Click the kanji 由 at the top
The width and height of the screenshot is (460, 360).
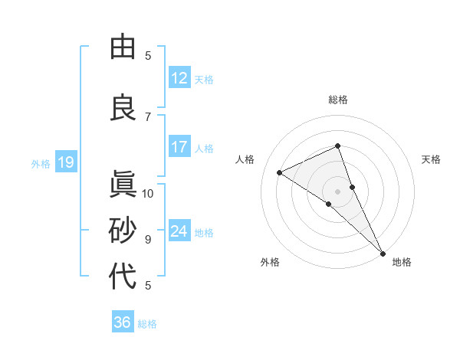pyautogui.click(x=123, y=47)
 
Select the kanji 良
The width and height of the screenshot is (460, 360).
pyautogui.click(x=123, y=108)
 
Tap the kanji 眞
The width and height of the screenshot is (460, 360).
pyautogui.click(x=123, y=185)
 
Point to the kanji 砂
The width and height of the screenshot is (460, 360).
pyautogui.click(x=123, y=230)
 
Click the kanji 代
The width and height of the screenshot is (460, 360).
pyautogui.click(x=123, y=276)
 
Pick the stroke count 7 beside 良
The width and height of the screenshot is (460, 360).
pyautogui.click(x=148, y=116)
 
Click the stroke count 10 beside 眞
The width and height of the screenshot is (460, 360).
pyautogui.click(x=148, y=193)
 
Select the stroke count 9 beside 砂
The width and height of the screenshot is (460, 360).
pyautogui.click(x=148, y=239)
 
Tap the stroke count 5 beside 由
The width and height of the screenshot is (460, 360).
pyautogui.click(x=148, y=55)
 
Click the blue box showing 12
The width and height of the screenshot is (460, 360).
pyautogui.click(x=179, y=78)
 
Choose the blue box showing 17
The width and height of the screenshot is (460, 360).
pyautogui.click(x=179, y=147)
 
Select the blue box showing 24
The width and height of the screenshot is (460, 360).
pyautogui.click(x=179, y=231)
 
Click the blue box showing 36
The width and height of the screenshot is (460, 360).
pyautogui.click(x=123, y=322)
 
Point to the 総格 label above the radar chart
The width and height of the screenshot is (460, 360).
pyautogui.click(x=338, y=100)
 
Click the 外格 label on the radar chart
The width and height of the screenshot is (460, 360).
pyautogui.click(x=270, y=263)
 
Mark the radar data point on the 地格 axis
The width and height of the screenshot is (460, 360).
pyautogui.click(x=383, y=254)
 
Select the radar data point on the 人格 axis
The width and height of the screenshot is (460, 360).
pyautogui.click(x=280, y=172)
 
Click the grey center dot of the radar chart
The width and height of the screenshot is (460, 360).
pyautogui.click(x=337, y=191)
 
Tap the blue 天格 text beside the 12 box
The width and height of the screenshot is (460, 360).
pyautogui.click(x=204, y=79)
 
